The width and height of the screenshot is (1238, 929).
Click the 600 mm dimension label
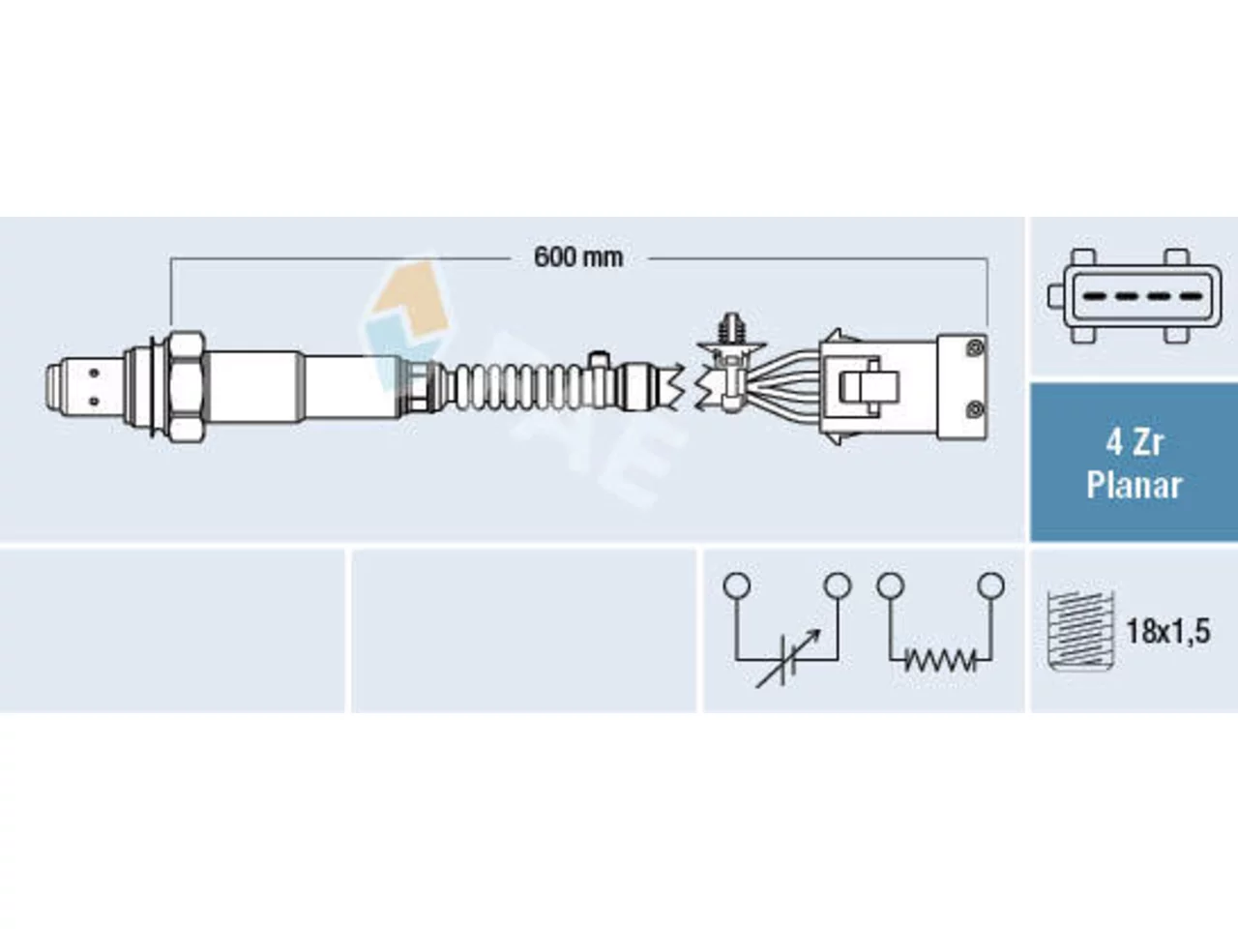coord(578,257)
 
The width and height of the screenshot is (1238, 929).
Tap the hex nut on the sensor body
coord(186,386)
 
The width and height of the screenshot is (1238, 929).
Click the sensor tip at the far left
coord(84,387)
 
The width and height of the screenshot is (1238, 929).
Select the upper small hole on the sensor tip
coord(94,373)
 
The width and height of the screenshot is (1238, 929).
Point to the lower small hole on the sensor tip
coord(94,402)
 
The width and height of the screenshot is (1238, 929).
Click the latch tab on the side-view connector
coord(869,387)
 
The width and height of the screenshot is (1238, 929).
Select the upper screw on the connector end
coord(975,348)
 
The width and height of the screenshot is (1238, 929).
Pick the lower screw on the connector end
coord(975,409)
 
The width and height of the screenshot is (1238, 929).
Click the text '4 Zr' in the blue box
coord(1134,443)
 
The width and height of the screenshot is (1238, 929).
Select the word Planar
coord(1134,486)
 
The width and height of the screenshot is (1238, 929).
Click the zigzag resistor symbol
coord(939,659)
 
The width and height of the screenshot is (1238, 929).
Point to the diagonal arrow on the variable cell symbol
coord(787,658)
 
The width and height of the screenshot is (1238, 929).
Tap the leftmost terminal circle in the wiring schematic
coord(737,584)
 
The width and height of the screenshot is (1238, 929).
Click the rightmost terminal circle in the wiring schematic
coord(991,584)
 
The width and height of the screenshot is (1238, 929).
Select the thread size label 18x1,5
coord(1168,631)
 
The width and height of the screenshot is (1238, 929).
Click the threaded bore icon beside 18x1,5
coord(1080,631)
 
